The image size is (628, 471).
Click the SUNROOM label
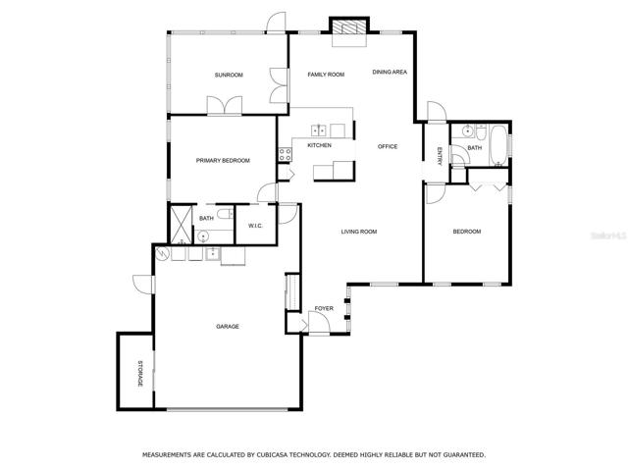(x=229, y=75)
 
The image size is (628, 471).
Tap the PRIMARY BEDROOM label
(x=223, y=161)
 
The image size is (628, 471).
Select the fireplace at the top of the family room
(x=349, y=27)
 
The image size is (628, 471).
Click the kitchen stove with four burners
(x=286, y=155)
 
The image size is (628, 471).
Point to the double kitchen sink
(x=318, y=131)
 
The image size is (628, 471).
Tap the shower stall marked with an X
(x=181, y=225)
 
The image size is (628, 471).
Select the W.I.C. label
(x=255, y=226)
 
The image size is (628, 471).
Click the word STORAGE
(x=140, y=374)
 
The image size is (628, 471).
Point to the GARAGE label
(x=228, y=327)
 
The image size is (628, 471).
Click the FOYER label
(x=324, y=308)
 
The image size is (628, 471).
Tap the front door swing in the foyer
(x=319, y=322)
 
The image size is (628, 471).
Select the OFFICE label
(x=388, y=146)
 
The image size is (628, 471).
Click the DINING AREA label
(x=390, y=72)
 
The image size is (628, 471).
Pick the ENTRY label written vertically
(x=440, y=156)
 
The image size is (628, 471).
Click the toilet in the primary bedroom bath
(x=226, y=214)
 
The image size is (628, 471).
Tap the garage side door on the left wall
(x=143, y=285)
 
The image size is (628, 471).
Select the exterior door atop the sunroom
(x=277, y=23)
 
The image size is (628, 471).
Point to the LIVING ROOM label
(x=359, y=232)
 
